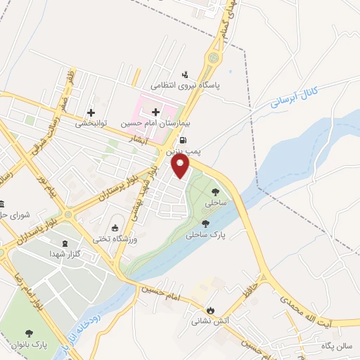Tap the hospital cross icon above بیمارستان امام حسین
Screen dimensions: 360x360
coord(155,112)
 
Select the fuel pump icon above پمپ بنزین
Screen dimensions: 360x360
coord(184,141)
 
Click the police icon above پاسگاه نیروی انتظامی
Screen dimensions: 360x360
coord(186,75)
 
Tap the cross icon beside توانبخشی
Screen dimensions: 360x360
coord(91,112)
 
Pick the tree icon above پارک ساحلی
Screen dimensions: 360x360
coord(205,224)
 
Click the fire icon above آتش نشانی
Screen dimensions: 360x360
coord(209,309)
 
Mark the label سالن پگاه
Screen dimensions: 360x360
coord(335,345)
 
